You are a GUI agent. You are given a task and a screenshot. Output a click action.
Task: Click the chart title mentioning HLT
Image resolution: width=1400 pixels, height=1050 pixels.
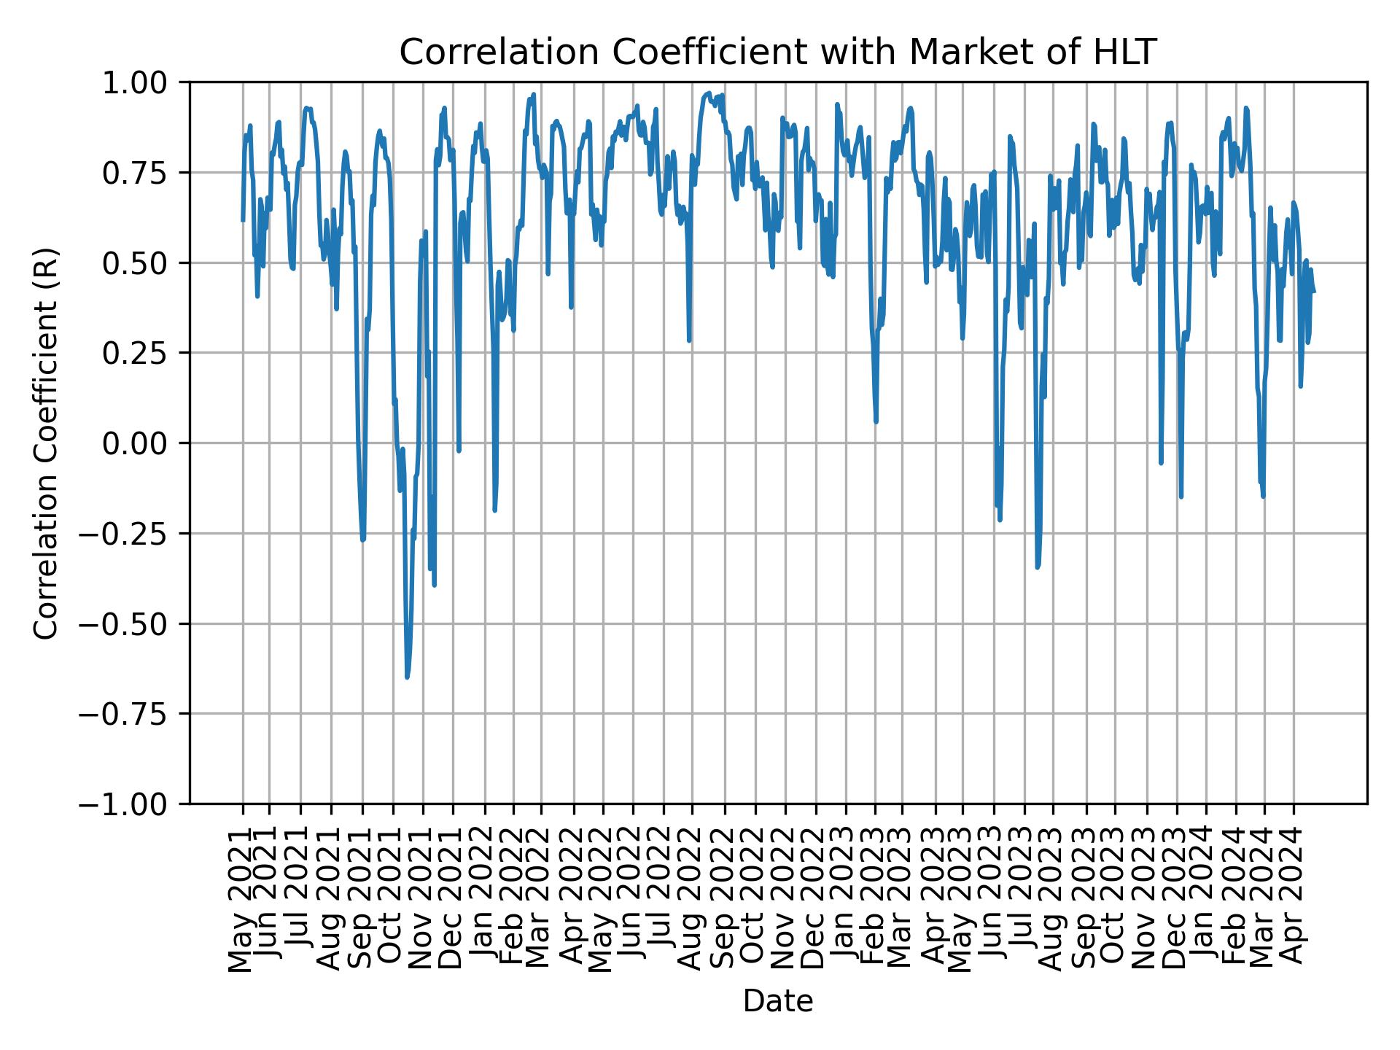point(778,52)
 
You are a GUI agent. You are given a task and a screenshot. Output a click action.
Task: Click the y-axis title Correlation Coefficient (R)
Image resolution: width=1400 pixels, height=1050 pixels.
point(46,443)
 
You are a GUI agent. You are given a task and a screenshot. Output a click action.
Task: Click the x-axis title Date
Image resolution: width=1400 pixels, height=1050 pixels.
point(778,1001)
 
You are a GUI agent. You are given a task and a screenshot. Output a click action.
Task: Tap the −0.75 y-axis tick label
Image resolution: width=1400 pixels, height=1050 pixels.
point(133,714)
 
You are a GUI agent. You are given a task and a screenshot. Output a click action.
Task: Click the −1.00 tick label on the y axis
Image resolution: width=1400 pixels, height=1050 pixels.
point(133,804)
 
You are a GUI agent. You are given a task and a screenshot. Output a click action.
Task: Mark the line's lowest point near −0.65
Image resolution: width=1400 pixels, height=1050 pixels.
point(407,677)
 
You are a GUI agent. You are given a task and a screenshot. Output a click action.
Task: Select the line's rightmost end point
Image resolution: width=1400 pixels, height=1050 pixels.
point(1315,292)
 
